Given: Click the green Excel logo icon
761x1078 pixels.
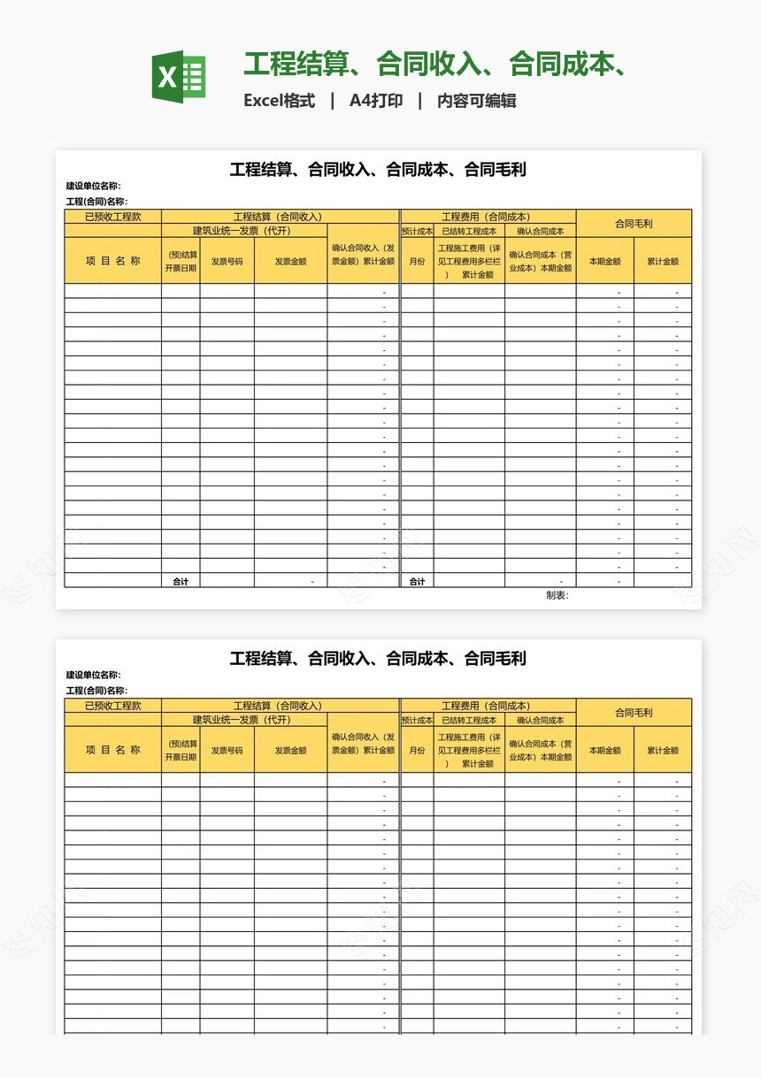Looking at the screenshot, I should click(x=179, y=77).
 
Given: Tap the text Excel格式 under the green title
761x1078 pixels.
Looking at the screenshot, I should click(x=280, y=101).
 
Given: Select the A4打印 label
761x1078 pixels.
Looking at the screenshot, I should click(x=376, y=101).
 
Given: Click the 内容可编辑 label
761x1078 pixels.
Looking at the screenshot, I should click(x=477, y=101).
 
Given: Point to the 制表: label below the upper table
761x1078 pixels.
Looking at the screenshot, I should click(x=557, y=595).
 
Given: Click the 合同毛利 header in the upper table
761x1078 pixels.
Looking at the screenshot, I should click(x=634, y=224).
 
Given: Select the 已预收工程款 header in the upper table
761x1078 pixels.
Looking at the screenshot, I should click(x=112, y=217).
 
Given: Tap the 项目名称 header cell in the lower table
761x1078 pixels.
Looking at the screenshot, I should click(x=112, y=750).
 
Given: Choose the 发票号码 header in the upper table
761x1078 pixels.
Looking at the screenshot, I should click(x=227, y=262).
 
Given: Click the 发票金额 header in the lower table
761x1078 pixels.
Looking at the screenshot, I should click(x=290, y=751).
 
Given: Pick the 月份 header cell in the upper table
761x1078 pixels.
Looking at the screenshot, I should click(x=417, y=262).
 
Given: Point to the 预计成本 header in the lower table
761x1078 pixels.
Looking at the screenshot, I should click(x=417, y=721).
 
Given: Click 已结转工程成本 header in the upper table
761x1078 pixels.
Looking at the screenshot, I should click(x=469, y=232).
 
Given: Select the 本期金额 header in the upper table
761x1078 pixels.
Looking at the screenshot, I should click(x=605, y=262).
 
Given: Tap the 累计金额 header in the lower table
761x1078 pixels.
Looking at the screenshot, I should click(x=663, y=751).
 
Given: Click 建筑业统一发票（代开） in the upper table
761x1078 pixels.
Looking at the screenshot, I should click(x=242, y=232).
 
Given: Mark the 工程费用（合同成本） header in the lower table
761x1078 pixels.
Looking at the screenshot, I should click(x=487, y=706).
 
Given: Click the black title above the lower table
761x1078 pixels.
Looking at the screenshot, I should click(x=378, y=659).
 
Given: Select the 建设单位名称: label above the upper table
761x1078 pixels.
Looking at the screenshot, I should click(x=94, y=187).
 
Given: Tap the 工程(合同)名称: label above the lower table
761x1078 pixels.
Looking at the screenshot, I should click(x=96, y=691).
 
